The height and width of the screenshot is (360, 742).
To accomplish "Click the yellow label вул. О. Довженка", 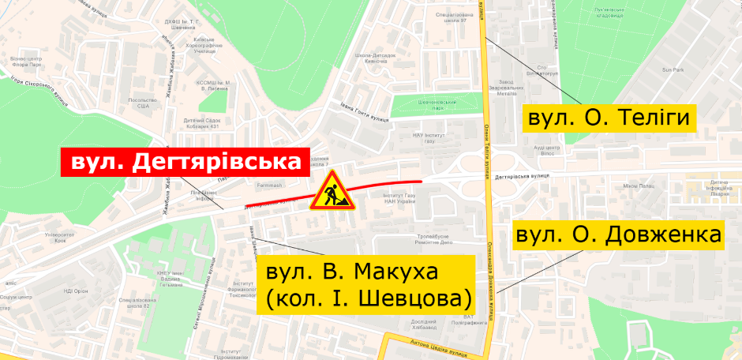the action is tap(619, 235).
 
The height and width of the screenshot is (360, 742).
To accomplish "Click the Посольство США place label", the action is tap(142, 103).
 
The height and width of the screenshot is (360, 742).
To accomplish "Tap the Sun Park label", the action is tap(673, 70).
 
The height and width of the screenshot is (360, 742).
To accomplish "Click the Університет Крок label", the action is tap(58, 238).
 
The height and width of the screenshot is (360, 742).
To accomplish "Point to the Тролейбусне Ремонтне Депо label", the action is tap(435, 239).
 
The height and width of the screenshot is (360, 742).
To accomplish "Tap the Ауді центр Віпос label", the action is tap(547, 150).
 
